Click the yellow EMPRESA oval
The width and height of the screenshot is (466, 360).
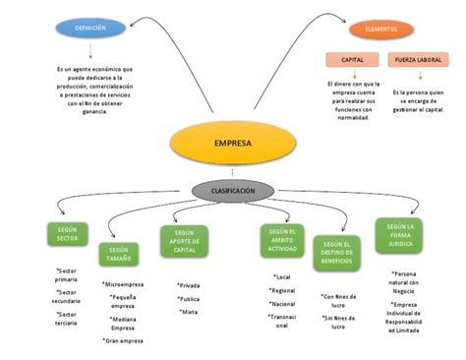[x=232, y=144]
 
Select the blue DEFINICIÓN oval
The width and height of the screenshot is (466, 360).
[x=90, y=29]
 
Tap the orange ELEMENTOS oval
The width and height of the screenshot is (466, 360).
[x=380, y=30]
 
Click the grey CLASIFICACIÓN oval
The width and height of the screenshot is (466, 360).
[x=233, y=190]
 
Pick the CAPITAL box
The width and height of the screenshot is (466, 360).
[x=352, y=60]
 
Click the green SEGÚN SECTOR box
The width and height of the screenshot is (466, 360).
[x=68, y=234]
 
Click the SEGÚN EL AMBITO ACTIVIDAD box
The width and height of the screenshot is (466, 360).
[x=282, y=241]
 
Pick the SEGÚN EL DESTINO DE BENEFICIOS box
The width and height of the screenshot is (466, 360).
[x=336, y=254]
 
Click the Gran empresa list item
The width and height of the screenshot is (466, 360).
[x=124, y=340]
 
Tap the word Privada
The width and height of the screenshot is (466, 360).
[x=189, y=285]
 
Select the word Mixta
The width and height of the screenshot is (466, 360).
[x=188, y=312]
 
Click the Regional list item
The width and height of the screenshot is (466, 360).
[x=283, y=291]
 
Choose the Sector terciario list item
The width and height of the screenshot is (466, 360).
[x=67, y=319]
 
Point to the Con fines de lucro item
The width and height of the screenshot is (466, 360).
[x=338, y=300]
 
